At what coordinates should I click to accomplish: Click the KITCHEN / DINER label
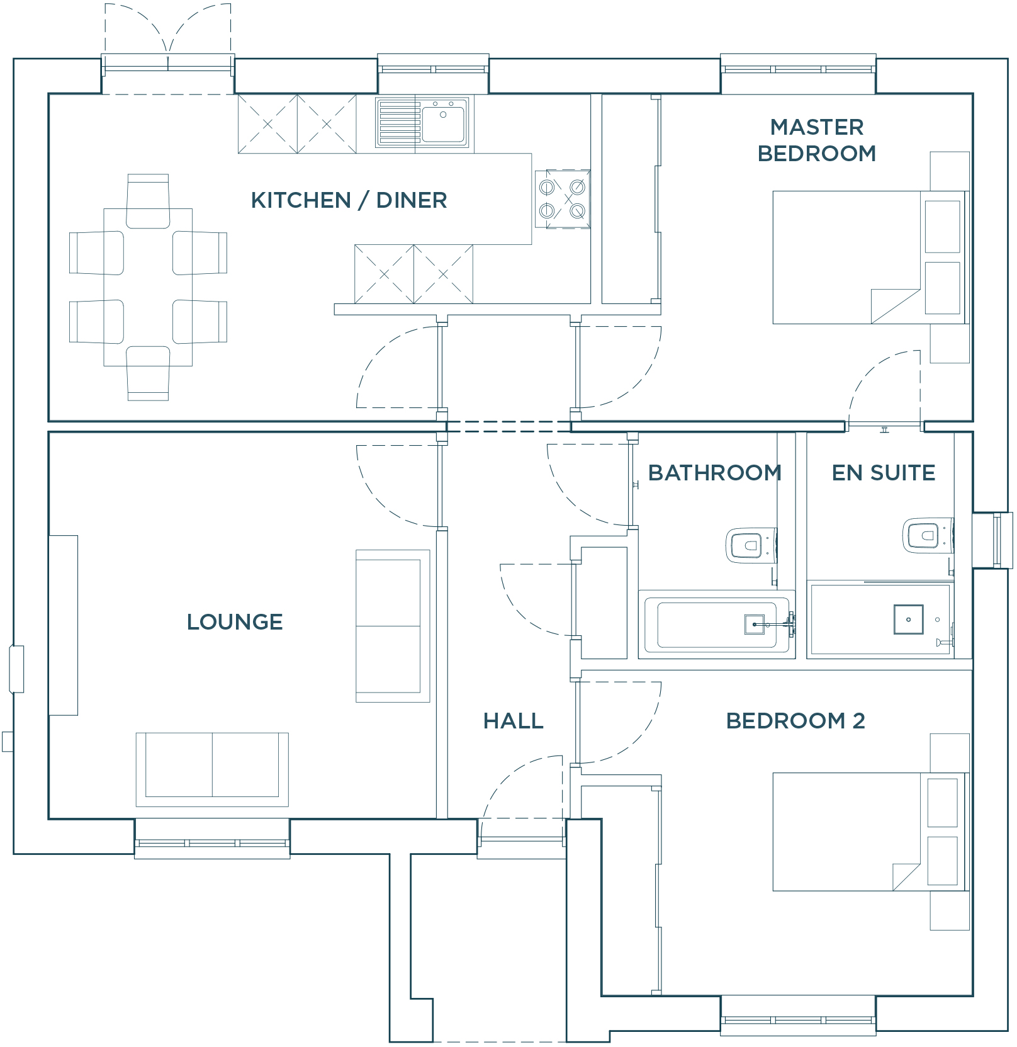(x=349, y=200)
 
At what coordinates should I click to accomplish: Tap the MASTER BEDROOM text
(x=816, y=140)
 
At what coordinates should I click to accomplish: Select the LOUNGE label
(x=235, y=622)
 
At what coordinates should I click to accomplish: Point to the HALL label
(x=513, y=721)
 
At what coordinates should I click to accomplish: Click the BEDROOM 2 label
(x=795, y=721)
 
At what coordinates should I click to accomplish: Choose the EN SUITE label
(x=883, y=473)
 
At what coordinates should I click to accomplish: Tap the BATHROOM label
(x=714, y=473)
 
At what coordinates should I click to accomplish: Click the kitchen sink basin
(x=443, y=123)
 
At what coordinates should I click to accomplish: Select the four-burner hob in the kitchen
(x=563, y=198)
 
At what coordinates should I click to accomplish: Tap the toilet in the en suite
(x=926, y=536)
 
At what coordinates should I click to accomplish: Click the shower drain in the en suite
(x=908, y=620)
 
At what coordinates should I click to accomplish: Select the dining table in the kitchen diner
(x=148, y=287)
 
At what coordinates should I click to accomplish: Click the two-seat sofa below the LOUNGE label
(x=212, y=769)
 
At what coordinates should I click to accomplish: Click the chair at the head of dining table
(x=148, y=200)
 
